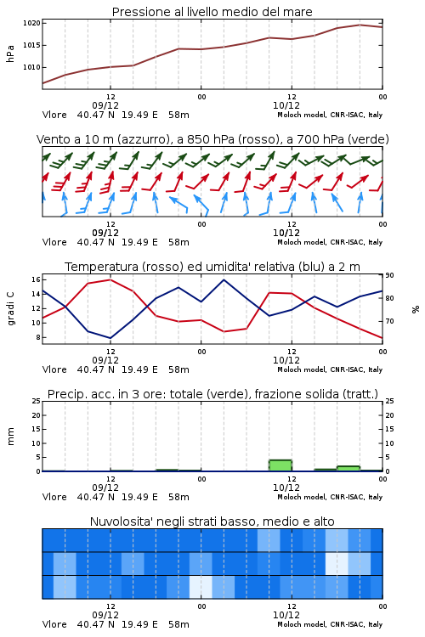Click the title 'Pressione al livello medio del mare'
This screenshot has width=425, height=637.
(212, 12)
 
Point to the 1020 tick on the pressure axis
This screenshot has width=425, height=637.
(31, 23)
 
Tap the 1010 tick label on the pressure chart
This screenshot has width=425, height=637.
(31, 67)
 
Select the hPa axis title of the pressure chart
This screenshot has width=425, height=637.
(10, 54)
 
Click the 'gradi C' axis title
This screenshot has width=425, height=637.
(10, 308)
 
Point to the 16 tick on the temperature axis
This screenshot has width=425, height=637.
(36, 279)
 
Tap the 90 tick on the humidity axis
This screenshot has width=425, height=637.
(389, 275)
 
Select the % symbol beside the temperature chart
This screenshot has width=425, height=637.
(416, 309)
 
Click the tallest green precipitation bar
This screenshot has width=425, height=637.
(280, 465)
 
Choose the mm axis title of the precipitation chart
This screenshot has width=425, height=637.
(10, 437)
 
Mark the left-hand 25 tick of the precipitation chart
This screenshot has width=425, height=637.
(36, 401)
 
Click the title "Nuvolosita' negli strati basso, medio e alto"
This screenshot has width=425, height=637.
(212, 521)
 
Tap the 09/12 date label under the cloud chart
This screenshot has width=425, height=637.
(105, 615)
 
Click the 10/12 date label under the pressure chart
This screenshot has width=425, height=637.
(286, 105)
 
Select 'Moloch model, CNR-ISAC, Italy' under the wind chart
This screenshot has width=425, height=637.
(330, 242)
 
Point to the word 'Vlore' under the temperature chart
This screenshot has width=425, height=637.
(54, 369)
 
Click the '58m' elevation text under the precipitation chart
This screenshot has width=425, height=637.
(179, 497)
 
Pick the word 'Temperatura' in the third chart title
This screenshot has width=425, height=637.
(102, 267)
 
